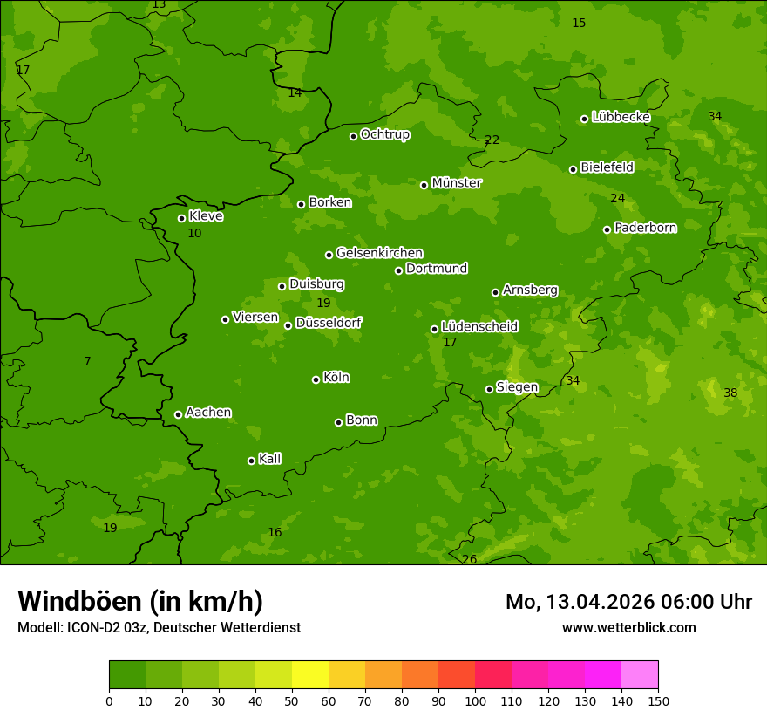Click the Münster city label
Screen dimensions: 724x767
(x=456, y=183)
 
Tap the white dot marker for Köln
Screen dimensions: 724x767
(x=316, y=379)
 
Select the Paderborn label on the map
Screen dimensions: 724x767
(x=645, y=228)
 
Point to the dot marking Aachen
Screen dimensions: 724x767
(x=178, y=414)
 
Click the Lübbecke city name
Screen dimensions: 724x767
(x=621, y=117)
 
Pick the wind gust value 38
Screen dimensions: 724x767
(x=730, y=393)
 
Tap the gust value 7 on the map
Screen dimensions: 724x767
(x=87, y=361)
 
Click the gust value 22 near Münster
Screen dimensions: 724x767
(x=492, y=140)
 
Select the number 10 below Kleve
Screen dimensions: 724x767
(x=194, y=233)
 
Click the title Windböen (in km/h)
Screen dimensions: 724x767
(x=140, y=601)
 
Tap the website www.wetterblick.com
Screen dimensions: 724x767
(x=628, y=627)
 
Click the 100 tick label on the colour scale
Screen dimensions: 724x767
(x=475, y=700)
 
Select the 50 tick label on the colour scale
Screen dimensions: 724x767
(x=292, y=700)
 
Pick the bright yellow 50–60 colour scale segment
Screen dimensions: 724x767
(x=310, y=675)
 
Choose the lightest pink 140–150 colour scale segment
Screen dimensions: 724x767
(x=640, y=675)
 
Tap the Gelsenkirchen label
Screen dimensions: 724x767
(x=379, y=253)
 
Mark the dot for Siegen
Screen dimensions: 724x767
(x=489, y=389)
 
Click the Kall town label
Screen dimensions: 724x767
(x=269, y=459)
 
